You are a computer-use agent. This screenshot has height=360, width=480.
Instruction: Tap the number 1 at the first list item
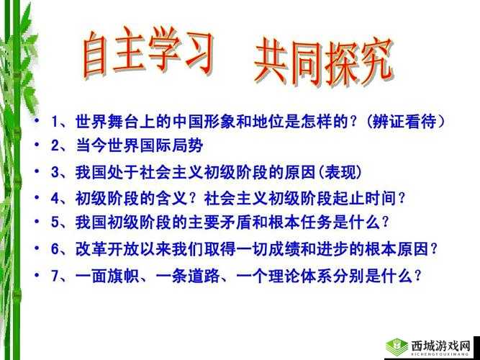coord(55,121)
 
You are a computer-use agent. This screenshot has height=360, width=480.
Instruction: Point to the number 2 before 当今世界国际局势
coord(55,147)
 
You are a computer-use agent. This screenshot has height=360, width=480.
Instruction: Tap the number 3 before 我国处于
coord(55,173)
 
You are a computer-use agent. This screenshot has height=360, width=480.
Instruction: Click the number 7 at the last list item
coord(55,275)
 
